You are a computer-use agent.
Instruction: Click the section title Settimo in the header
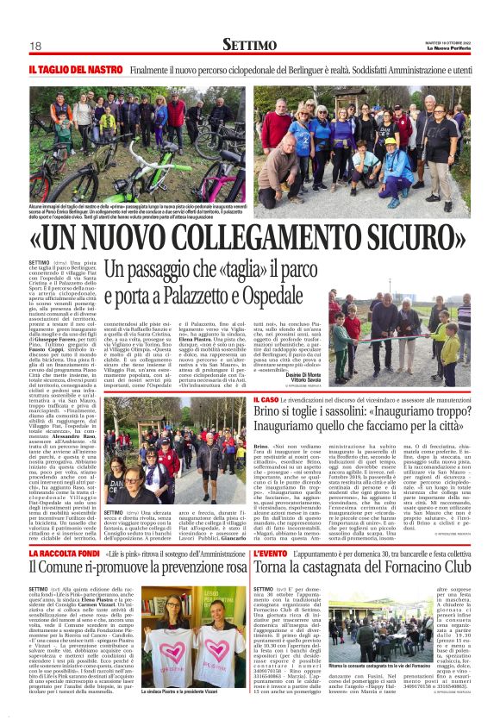click(250, 44)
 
